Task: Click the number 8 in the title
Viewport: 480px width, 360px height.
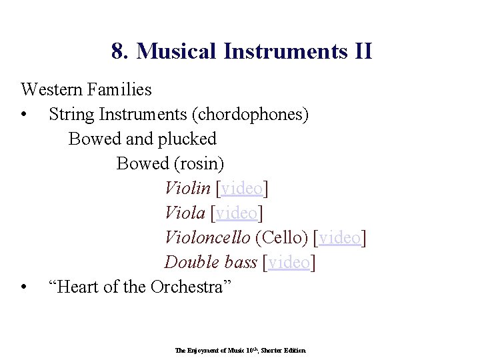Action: click(118, 51)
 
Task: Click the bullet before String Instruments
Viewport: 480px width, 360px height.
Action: click(24, 115)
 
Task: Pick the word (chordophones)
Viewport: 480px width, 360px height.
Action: click(250, 115)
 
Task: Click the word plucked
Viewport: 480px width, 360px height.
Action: click(187, 139)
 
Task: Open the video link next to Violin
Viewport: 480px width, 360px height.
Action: click(242, 189)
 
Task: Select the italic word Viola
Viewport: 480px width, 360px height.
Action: click(185, 213)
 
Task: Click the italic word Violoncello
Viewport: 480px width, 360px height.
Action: click(207, 237)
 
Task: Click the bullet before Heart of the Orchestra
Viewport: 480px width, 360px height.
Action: click(24, 287)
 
